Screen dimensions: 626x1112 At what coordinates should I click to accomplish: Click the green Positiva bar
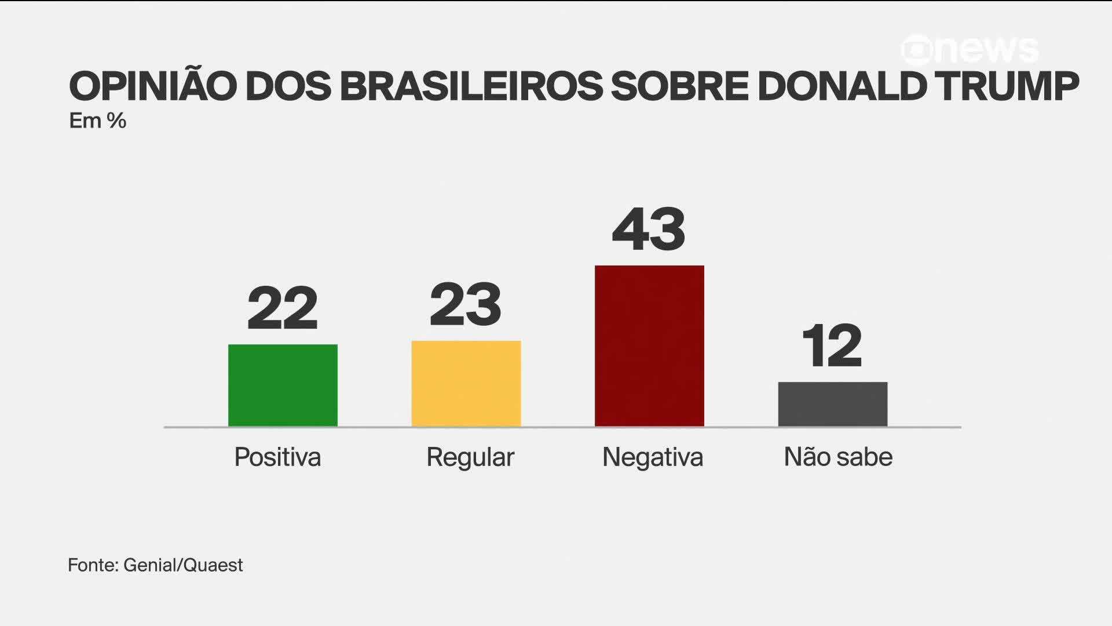pyautogui.click(x=283, y=385)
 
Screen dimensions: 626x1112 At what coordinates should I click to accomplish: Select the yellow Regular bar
pyautogui.click(x=466, y=384)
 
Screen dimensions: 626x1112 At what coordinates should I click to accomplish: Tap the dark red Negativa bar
pyautogui.click(x=649, y=346)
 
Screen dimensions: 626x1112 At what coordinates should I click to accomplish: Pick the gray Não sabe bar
pyautogui.click(x=832, y=404)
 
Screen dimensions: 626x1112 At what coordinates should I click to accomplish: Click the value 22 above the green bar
pyautogui.click(x=283, y=308)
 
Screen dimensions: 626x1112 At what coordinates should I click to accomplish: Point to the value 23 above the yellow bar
pyautogui.click(x=466, y=304)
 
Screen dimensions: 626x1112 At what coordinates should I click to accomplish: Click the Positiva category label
pyautogui.click(x=277, y=457)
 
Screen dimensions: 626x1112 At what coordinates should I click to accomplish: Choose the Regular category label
pyautogui.click(x=470, y=457)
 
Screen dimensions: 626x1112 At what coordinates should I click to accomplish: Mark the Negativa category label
pyautogui.click(x=653, y=457)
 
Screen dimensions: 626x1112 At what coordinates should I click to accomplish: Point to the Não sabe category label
pyautogui.click(x=838, y=457)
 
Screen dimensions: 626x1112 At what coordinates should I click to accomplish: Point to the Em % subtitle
pyautogui.click(x=97, y=121)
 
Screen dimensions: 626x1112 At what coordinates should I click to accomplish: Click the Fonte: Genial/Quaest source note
pyautogui.click(x=155, y=565)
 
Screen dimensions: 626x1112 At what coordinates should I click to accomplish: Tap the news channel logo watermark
pyautogui.click(x=970, y=50)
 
